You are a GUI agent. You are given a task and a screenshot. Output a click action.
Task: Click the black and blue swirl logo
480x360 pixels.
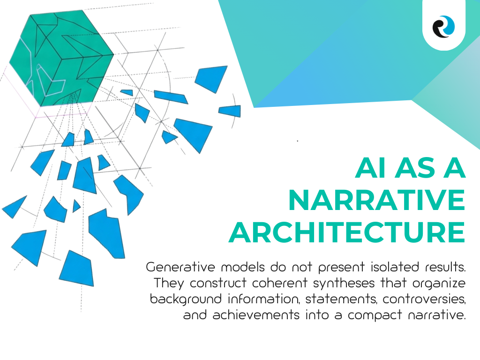443,27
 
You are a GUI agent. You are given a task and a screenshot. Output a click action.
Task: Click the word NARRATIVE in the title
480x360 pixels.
377,200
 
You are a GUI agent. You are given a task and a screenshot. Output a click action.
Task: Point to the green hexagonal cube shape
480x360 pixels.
61,58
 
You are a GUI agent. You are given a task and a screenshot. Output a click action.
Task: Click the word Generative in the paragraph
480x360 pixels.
180,267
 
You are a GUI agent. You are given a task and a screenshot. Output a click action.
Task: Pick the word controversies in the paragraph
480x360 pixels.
424,299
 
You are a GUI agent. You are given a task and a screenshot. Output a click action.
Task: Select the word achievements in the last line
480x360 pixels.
256,315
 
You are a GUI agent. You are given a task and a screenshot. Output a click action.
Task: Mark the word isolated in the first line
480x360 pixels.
395,267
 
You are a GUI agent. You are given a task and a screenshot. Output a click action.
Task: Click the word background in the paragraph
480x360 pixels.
186,299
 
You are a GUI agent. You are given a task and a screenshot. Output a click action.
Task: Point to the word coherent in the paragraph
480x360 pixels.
279,283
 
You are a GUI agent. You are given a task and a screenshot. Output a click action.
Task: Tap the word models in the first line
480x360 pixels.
243,267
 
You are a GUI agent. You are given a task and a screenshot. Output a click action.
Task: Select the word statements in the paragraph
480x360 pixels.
341,299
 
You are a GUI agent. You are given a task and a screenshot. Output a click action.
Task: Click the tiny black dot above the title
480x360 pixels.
298,141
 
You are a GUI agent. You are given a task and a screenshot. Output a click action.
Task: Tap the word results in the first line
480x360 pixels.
445,267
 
